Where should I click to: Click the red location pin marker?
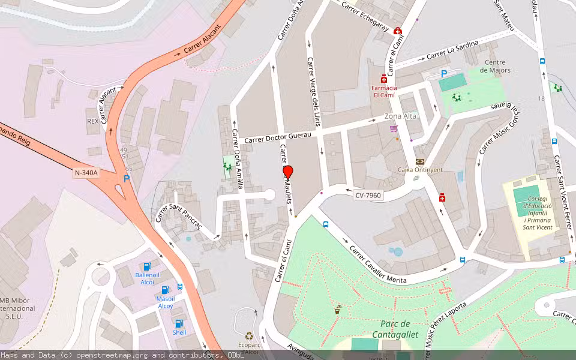[x=288, y=173]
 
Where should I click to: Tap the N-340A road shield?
[x=86, y=173]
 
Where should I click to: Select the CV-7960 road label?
[x=368, y=196]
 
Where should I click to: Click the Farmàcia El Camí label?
[x=384, y=91]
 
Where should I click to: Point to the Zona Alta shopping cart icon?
[x=394, y=128]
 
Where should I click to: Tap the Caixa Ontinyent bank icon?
[x=419, y=161]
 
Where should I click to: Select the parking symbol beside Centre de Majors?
[x=444, y=74]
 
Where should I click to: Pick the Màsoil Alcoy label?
[x=165, y=302]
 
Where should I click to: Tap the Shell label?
[x=179, y=332]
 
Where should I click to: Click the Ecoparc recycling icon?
[x=248, y=337]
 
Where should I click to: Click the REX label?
[x=92, y=121]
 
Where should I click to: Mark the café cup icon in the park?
[x=338, y=310]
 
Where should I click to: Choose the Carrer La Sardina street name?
[x=452, y=50]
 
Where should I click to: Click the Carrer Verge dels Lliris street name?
[x=314, y=91]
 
